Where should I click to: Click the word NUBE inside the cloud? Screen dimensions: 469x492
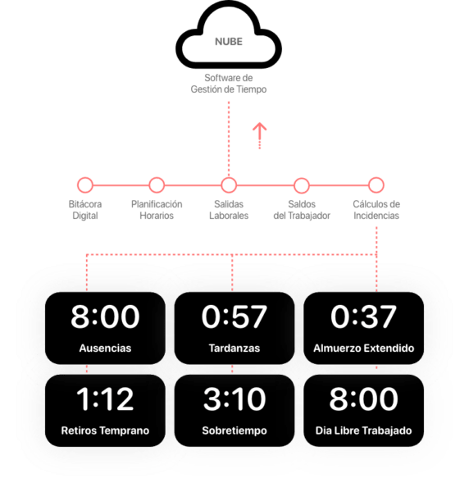click(x=229, y=42)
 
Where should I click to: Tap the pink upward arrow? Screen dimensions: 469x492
click(x=259, y=135)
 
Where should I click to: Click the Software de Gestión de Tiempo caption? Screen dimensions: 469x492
click(x=229, y=84)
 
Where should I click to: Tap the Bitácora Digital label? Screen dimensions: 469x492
click(x=85, y=210)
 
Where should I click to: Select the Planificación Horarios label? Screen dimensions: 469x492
click(x=157, y=210)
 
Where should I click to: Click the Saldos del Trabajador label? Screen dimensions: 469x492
click(x=302, y=210)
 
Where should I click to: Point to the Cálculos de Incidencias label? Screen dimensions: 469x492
click(x=376, y=210)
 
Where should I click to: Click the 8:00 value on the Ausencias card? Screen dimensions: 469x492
click(x=105, y=317)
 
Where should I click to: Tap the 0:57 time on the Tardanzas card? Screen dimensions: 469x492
click(x=234, y=317)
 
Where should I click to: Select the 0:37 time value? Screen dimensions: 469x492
click(x=363, y=317)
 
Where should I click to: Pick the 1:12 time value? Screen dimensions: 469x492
click(x=105, y=399)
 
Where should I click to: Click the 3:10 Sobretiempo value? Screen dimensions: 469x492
click(x=234, y=399)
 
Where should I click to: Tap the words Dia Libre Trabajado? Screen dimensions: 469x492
click(x=363, y=430)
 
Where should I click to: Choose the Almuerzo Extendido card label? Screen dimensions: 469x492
click(x=363, y=348)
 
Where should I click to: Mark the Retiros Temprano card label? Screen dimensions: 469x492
click(x=105, y=430)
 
